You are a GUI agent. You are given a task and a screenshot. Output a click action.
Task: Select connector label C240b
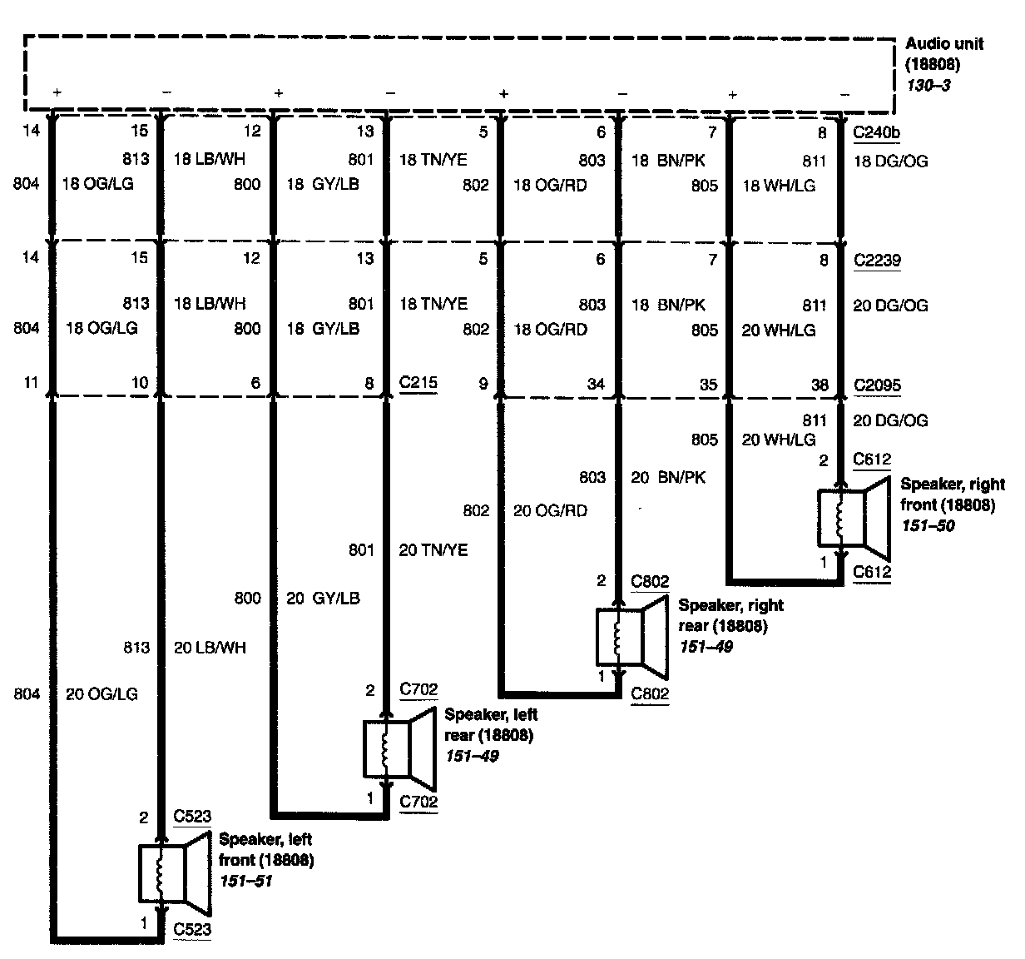878,132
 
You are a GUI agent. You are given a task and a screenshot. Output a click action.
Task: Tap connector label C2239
877,261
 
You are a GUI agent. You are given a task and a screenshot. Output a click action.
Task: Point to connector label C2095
877,385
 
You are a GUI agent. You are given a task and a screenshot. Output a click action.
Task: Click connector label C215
418,384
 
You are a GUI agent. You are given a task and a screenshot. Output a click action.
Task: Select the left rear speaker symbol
400,748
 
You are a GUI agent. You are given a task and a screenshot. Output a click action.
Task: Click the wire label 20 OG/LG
102,693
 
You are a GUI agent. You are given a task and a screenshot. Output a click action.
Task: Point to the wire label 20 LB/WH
210,647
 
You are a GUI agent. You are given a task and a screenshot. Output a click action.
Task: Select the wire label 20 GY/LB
323,598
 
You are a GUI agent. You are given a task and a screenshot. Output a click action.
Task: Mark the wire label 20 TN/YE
433,549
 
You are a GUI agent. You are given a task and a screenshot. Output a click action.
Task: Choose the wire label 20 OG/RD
549,510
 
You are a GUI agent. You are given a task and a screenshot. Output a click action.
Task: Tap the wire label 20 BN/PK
667,477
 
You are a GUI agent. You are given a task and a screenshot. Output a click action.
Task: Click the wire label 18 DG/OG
889,161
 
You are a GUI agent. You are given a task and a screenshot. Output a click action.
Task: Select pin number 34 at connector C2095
595,384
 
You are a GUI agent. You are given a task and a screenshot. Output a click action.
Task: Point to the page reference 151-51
246,880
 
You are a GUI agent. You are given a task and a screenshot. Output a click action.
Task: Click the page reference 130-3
928,85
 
